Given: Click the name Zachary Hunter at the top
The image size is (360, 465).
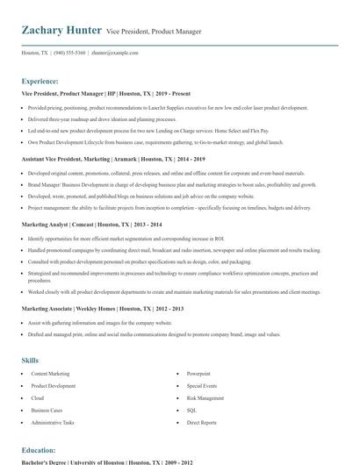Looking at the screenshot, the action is coord(60,31).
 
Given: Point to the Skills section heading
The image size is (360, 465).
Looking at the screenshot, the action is coord(30,361).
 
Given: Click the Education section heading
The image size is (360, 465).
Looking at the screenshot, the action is coord(39,450).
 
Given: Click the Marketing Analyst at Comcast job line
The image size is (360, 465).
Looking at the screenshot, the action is coord(91,225).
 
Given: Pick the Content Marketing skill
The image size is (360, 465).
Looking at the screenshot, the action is coord(50,374).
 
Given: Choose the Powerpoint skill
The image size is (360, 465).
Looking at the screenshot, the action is coord(199,374).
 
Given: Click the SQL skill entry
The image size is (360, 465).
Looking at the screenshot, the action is coord(191,410).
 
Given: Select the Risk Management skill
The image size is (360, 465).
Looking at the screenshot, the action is coord(206,397).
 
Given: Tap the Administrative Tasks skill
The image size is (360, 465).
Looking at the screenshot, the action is coord(53,422).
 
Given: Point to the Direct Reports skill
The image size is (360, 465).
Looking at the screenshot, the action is coord(202,422).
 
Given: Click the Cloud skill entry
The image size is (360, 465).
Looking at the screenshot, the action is coord(39,397).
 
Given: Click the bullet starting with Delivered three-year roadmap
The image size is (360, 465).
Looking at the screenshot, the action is coord(102,118).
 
